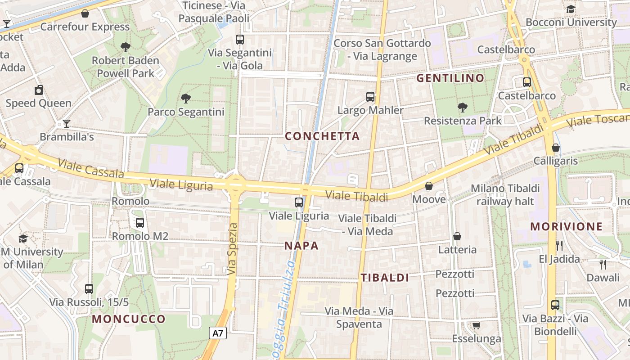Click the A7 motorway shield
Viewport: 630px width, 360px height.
click(x=218, y=333)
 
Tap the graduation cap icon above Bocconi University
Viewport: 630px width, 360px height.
click(x=571, y=9)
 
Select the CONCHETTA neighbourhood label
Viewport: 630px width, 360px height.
click(x=322, y=136)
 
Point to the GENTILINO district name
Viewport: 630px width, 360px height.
click(x=450, y=78)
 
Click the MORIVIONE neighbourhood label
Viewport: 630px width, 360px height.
click(x=566, y=226)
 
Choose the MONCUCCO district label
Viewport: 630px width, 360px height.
click(x=129, y=319)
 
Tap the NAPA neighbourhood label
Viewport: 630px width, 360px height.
click(x=301, y=246)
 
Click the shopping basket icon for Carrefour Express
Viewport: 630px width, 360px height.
click(x=85, y=14)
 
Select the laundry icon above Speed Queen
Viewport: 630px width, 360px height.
click(x=39, y=90)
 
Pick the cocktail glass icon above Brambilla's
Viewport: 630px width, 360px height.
click(x=67, y=123)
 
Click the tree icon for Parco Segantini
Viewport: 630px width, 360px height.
click(x=185, y=99)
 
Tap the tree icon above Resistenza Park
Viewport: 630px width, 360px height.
click(x=462, y=108)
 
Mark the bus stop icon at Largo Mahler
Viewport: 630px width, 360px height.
click(x=370, y=97)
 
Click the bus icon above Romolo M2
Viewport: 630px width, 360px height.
click(x=140, y=222)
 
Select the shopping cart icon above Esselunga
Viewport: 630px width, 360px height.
click(x=477, y=325)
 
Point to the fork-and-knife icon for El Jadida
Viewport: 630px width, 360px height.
click(x=559, y=246)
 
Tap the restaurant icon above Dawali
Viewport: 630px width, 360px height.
click(x=603, y=264)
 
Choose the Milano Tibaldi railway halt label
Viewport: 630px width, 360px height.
click(x=505, y=194)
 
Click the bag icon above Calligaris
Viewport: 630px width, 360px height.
click(x=556, y=148)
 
